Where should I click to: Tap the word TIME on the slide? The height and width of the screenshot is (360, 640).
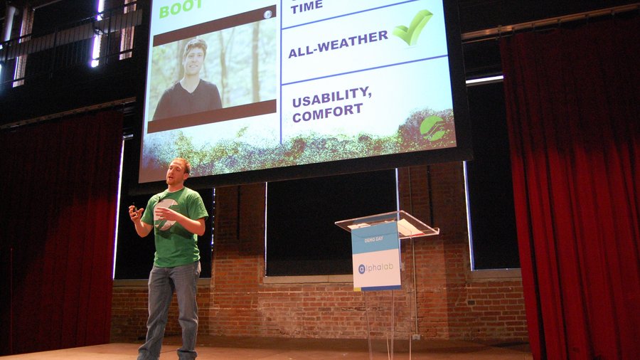pos(306,6)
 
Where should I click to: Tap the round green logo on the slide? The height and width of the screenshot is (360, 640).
pos(432,127)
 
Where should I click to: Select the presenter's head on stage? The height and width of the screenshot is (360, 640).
pos(178,172)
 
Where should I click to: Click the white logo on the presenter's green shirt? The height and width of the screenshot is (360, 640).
pos(165,213)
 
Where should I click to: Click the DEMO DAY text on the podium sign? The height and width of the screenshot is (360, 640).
pos(374,240)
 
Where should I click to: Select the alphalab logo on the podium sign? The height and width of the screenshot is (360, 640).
pos(376,268)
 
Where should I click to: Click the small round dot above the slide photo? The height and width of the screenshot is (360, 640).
pos(267,14)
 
